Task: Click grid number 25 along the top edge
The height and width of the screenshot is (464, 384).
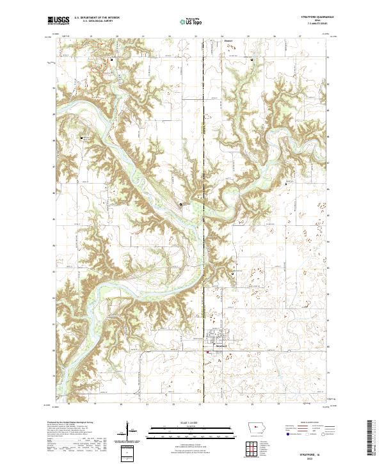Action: (x=248, y=37)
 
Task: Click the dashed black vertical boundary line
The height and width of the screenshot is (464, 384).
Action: (x=203, y=192)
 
